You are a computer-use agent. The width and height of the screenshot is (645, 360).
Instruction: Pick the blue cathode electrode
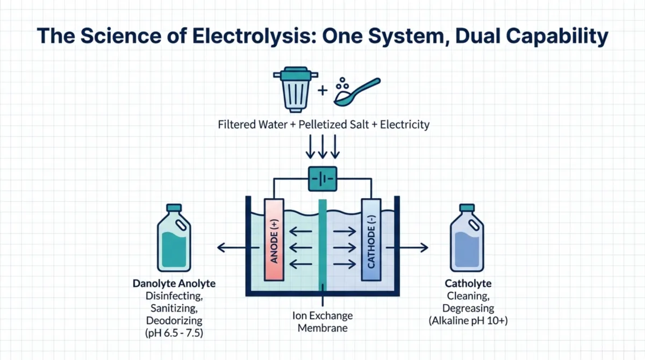coord(371,239)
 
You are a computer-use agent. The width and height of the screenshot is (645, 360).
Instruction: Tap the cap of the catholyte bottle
coord(467,208)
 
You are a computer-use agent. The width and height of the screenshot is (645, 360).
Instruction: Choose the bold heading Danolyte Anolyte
coord(174,284)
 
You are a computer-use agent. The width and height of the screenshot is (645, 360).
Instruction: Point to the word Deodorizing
coord(174,321)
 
